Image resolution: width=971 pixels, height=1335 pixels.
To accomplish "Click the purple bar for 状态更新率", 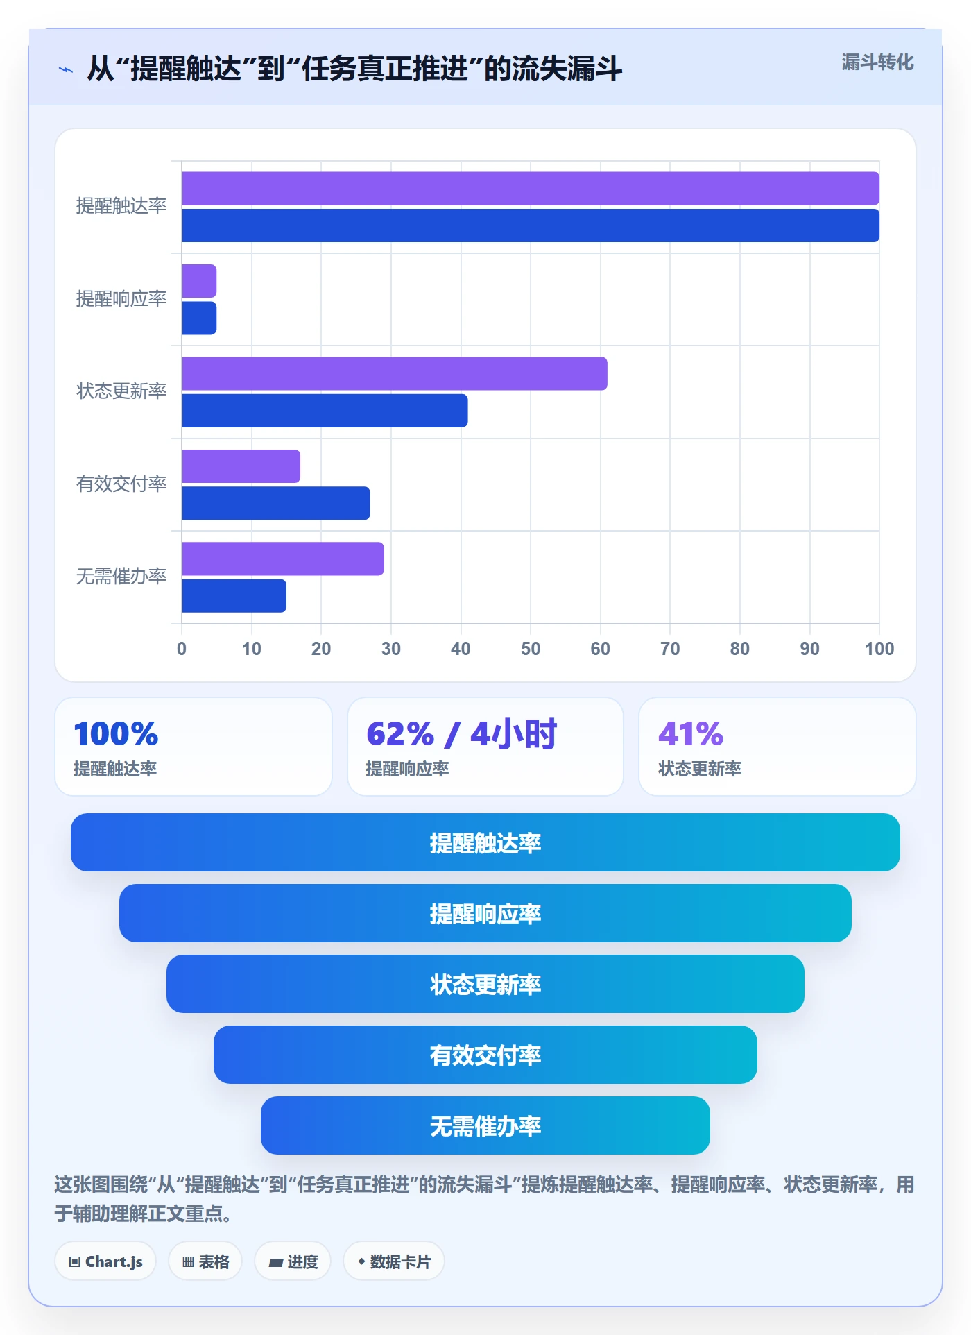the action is tap(395, 374).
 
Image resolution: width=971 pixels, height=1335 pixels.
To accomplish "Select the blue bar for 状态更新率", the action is tap(325, 411).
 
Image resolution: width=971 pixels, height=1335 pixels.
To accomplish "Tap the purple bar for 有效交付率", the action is tap(241, 466).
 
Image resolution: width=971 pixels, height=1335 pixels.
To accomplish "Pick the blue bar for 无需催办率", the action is tap(234, 596).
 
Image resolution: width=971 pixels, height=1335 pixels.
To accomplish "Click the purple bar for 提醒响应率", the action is tap(199, 281).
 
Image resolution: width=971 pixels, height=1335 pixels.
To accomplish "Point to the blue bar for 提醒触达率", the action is tap(531, 226).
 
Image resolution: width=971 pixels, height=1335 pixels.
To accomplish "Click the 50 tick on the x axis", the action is tap(531, 649).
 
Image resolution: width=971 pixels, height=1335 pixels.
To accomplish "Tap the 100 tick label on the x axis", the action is tap(879, 649).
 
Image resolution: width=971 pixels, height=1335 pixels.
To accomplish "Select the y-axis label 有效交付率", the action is tap(121, 484).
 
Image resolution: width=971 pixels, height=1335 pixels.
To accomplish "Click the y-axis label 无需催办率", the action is tap(121, 576).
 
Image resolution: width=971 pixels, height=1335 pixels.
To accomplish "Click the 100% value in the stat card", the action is tap(116, 734).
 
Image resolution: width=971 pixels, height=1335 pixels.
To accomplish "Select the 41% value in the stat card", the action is tap(691, 734).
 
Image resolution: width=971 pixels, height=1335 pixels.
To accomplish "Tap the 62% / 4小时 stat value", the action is tap(461, 734).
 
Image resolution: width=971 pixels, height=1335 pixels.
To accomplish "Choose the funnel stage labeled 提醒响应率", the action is tap(486, 913).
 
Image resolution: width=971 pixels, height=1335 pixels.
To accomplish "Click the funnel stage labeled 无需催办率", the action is tap(486, 1125).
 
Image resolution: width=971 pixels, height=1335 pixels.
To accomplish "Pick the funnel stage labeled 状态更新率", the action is tap(486, 984).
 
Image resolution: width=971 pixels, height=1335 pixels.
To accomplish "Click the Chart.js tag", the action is tap(105, 1261).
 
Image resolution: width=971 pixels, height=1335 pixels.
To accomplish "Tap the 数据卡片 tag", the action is tap(393, 1261).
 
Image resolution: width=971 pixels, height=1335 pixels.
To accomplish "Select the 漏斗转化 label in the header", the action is tap(877, 62).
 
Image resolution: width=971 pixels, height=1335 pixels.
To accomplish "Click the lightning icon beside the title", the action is tap(66, 69).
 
